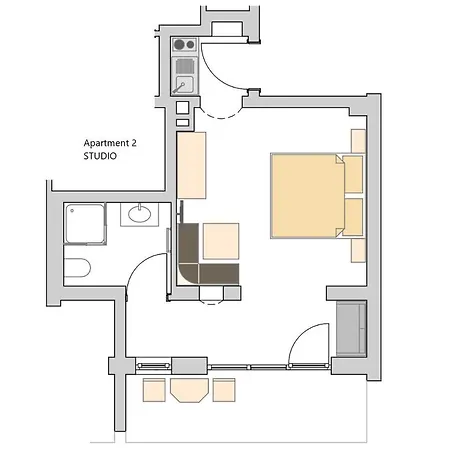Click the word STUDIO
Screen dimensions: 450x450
[100, 156]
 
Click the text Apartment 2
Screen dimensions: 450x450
[110, 143]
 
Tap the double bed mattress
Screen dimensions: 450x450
[307, 196]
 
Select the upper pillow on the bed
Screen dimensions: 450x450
[353, 174]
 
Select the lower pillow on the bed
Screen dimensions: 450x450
[353, 217]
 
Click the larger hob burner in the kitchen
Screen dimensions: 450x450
[179, 45]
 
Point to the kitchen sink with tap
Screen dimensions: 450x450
[184, 84]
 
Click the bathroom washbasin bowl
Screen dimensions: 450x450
[139, 214]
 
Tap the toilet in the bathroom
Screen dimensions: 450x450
[77, 267]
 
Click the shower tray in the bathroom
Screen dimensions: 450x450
[85, 223]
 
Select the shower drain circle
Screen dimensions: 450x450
[72, 211]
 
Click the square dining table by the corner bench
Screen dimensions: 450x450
[221, 241]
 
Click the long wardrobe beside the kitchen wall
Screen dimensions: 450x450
[191, 165]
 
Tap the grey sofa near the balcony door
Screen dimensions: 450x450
[351, 329]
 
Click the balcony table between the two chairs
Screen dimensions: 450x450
[189, 390]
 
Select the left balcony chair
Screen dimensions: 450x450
[154, 390]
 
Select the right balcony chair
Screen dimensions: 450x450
[224, 390]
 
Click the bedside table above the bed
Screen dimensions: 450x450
[358, 141]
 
